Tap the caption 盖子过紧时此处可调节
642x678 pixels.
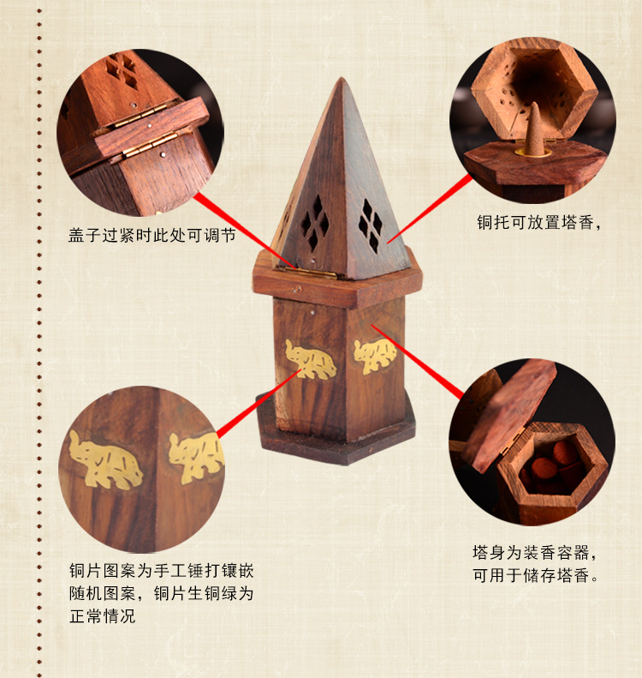pos(152,235)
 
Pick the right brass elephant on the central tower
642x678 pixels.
pos(375,354)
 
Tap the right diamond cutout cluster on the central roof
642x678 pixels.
pos(371,225)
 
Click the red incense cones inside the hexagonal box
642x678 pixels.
pos(548,471)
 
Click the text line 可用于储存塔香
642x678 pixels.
pos(537,575)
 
